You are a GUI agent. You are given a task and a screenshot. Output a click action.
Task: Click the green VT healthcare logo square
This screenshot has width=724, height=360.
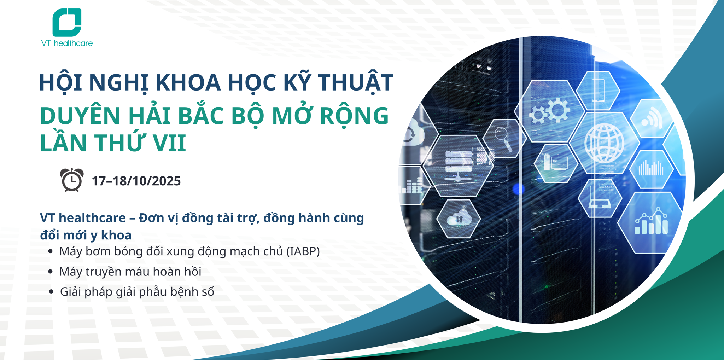coord(67,22)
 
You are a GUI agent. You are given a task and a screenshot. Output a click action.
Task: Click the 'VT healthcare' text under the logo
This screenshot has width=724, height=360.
coord(67,43)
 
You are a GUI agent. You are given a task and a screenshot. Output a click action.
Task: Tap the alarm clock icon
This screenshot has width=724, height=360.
coord(72,180)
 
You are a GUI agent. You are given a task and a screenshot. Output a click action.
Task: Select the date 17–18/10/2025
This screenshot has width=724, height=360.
coord(136,181)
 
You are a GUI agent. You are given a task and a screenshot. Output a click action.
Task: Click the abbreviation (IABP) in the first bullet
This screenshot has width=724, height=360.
coord(303,251)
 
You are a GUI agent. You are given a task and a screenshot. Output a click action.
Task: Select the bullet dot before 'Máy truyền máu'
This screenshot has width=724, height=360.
coord(51,272)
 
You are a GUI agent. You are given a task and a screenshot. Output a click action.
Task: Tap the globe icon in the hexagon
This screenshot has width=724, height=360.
coord(604,143)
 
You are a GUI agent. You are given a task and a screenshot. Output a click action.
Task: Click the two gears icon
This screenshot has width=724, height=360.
coord(550,111)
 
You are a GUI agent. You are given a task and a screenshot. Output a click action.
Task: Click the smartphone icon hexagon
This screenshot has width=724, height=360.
coord(598,91)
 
